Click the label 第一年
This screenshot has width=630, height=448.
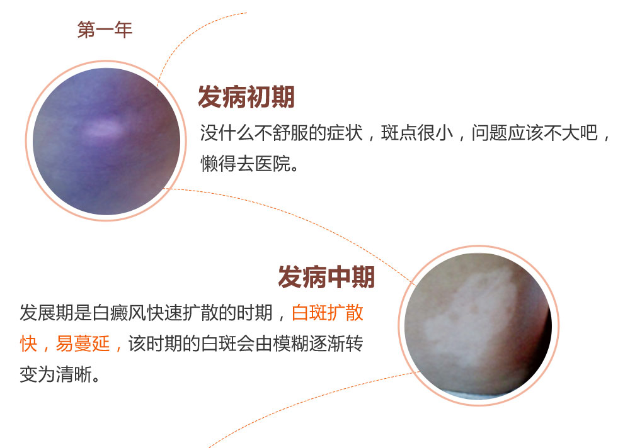pyautogui.click(x=105, y=30)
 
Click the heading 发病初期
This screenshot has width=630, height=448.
pyautogui.click(x=246, y=97)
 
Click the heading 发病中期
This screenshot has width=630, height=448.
pyautogui.click(x=326, y=277)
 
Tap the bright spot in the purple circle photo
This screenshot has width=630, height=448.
pyautogui.click(x=104, y=128)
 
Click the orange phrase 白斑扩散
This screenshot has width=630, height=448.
pyautogui.click(x=328, y=313)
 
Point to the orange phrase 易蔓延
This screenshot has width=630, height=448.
pyautogui.click(x=83, y=344)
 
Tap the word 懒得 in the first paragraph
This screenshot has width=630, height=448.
pyautogui.click(x=218, y=164)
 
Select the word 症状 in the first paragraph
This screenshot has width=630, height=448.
pyautogui.click(x=345, y=133)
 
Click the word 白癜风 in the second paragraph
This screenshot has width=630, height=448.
pyautogui.click(x=119, y=313)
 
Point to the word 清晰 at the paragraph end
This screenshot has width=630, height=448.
pyautogui.click(x=74, y=374)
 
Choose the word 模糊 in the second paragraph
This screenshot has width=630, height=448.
pyautogui.click(x=291, y=344)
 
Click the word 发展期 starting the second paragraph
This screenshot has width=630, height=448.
pyautogui.click(x=47, y=313)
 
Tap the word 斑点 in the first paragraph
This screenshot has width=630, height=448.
pyautogui.click(x=399, y=133)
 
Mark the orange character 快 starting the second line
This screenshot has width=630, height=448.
pyautogui.click(x=28, y=344)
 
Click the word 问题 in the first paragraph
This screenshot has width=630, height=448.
pyautogui.click(x=490, y=133)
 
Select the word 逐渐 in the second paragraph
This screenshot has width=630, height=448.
pyautogui.click(x=327, y=344)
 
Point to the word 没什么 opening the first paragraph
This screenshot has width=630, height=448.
pyautogui.click(x=227, y=133)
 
